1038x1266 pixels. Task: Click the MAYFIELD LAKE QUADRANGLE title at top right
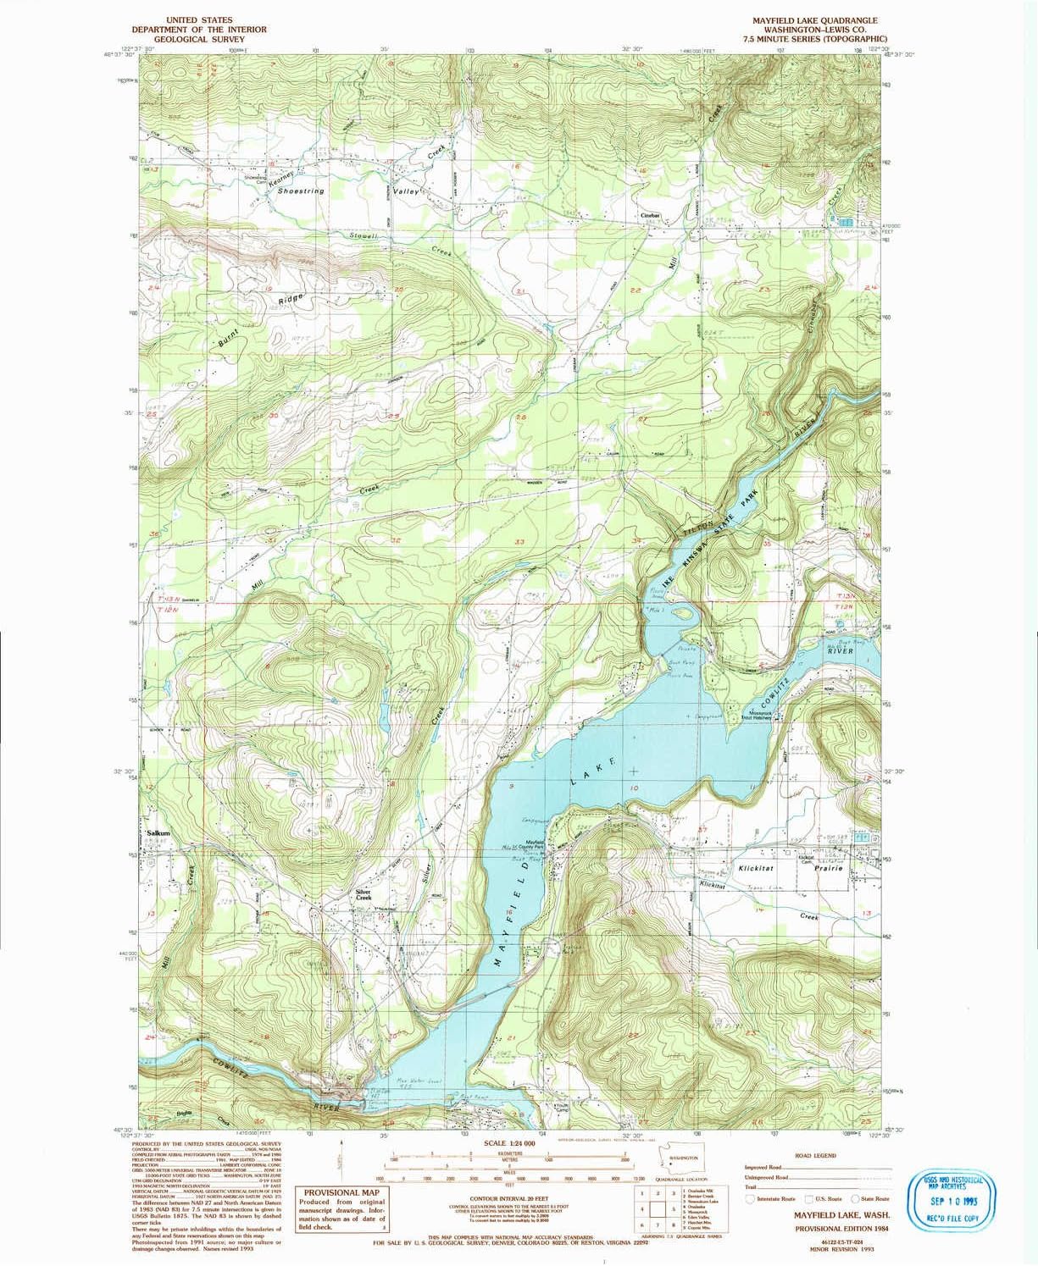(797, 19)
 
